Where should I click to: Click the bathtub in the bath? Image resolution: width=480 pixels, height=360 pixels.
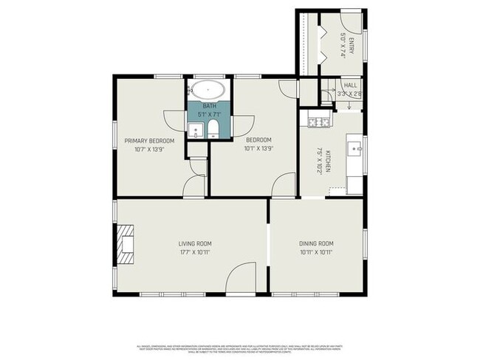click(207, 91)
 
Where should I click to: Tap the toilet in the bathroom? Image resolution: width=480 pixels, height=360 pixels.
click(213, 131)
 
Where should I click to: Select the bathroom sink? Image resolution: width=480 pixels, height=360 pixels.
click(195, 131)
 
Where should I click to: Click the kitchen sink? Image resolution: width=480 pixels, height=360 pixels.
click(355, 148)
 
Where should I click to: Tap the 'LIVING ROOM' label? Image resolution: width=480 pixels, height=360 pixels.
click(194, 243)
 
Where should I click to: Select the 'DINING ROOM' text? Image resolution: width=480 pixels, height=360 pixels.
click(316, 243)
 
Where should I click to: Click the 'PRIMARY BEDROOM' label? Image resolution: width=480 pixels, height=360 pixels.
click(149, 141)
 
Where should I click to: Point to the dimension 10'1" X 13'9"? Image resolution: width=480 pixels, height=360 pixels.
click(258, 149)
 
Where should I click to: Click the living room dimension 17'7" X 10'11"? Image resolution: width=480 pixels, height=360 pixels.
click(194, 252)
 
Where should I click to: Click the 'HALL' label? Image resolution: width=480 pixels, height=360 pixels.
click(350, 86)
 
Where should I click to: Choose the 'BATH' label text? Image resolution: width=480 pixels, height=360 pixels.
click(210, 106)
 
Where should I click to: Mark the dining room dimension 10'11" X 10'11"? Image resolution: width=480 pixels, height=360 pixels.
click(316, 252)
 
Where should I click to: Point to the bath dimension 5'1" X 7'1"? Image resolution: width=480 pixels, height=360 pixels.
click(210, 114)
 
